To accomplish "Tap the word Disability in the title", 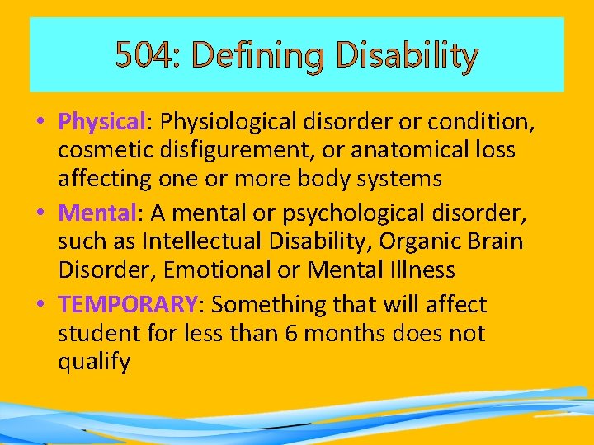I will point(408,57).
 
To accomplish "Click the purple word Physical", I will point(101,122).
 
